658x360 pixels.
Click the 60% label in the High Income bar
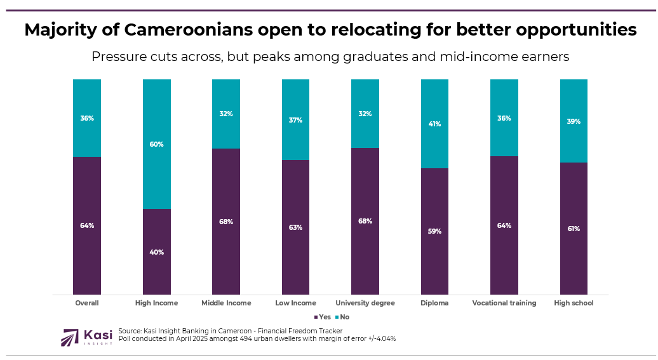[x=156, y=144]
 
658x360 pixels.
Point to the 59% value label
[x=435, y=231]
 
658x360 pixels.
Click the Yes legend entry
[x=322, y=317]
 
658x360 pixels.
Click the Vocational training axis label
[x=504, y=303]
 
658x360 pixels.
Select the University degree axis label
[x=365, y=303]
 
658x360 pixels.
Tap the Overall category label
[x=86, y=303]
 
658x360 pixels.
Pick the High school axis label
[x=574, y=303]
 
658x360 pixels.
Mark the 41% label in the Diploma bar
[x=435, y=124]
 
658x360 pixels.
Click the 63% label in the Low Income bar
[x=295, y=227]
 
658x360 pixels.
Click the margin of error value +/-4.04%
[x=378, y=338]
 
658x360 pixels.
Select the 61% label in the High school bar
[x=574, y=229]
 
